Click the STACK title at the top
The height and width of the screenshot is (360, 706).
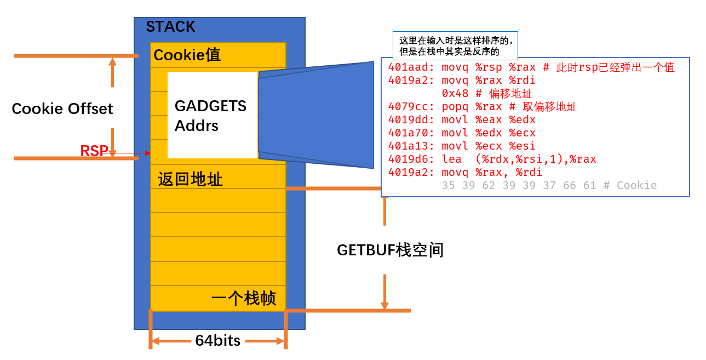tap(170, 27)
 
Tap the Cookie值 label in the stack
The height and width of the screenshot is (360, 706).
tap(187, 55)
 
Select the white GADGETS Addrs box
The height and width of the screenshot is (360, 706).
tap(213, 115)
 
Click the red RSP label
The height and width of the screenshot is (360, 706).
tap(94, 151)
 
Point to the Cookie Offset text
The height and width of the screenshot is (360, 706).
tap(62, 108)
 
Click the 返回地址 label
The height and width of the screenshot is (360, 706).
tap(190, 179)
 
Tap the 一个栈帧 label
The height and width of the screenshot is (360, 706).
tap(244, 299)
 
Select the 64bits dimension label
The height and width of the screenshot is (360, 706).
tap(218, 341)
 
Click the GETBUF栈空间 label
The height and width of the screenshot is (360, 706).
tap(390, 250)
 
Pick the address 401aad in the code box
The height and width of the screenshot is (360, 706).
tap(404, 67)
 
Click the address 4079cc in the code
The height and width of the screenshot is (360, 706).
tap(404, 107)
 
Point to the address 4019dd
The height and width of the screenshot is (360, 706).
tap(404, 120)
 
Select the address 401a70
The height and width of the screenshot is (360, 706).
tap(404, 133)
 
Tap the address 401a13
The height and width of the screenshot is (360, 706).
tap(404, 146)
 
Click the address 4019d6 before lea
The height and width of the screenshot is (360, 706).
tap(404, 159)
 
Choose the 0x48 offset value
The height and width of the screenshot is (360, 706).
tap(455, 94)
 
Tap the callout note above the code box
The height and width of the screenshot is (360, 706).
tap(455, 46)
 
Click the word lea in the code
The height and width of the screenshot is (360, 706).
tap(451, 159)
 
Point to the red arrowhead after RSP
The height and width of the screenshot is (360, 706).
tap(148, 153)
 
